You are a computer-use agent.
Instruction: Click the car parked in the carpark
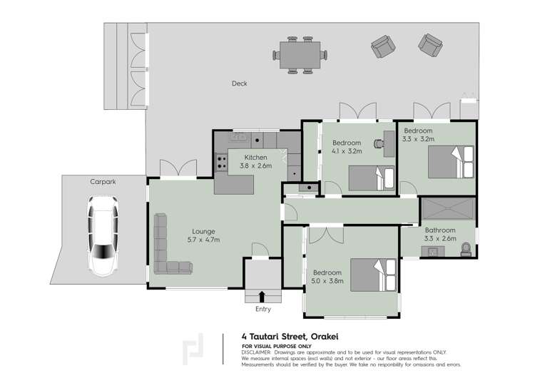pos(102,236)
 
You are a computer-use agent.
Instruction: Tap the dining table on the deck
pos(300,54)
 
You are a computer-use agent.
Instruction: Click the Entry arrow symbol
pos(263,296)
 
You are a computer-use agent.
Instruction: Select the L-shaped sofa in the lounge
pos(165,248)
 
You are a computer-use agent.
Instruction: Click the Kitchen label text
pos(255,158)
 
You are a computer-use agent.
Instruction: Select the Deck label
pos(240,84)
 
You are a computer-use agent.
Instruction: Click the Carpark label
pos(103,182)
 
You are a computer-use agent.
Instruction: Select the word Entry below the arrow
pos(263,309)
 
